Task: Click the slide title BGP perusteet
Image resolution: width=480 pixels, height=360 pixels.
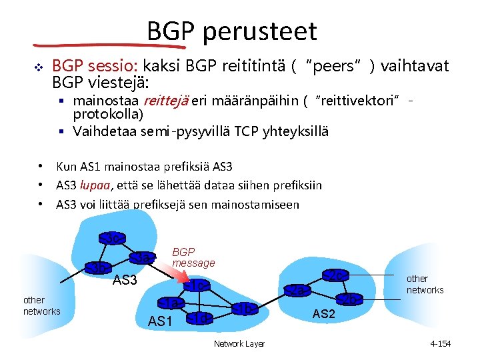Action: (232, 31)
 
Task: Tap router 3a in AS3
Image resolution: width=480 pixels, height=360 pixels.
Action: (143, 257)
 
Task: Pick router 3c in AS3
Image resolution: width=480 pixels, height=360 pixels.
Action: (113, 237)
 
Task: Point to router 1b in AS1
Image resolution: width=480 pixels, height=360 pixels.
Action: (245, 309)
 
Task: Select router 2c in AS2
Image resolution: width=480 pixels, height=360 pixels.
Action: (336, 275)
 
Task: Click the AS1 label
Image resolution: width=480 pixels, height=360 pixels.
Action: (161, 321)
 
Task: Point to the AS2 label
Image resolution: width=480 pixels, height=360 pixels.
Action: (324, 314)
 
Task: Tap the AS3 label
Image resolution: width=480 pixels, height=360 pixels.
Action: (125, 281)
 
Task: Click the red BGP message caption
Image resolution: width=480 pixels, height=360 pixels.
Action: (193, 257)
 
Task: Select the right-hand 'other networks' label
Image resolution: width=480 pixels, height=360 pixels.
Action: (425, 284)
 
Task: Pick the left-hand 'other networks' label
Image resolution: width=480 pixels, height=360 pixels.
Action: (41, 306)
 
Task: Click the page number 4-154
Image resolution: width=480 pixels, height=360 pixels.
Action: (441, 343)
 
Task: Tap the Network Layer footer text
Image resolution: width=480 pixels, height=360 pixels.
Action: (239, 343)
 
